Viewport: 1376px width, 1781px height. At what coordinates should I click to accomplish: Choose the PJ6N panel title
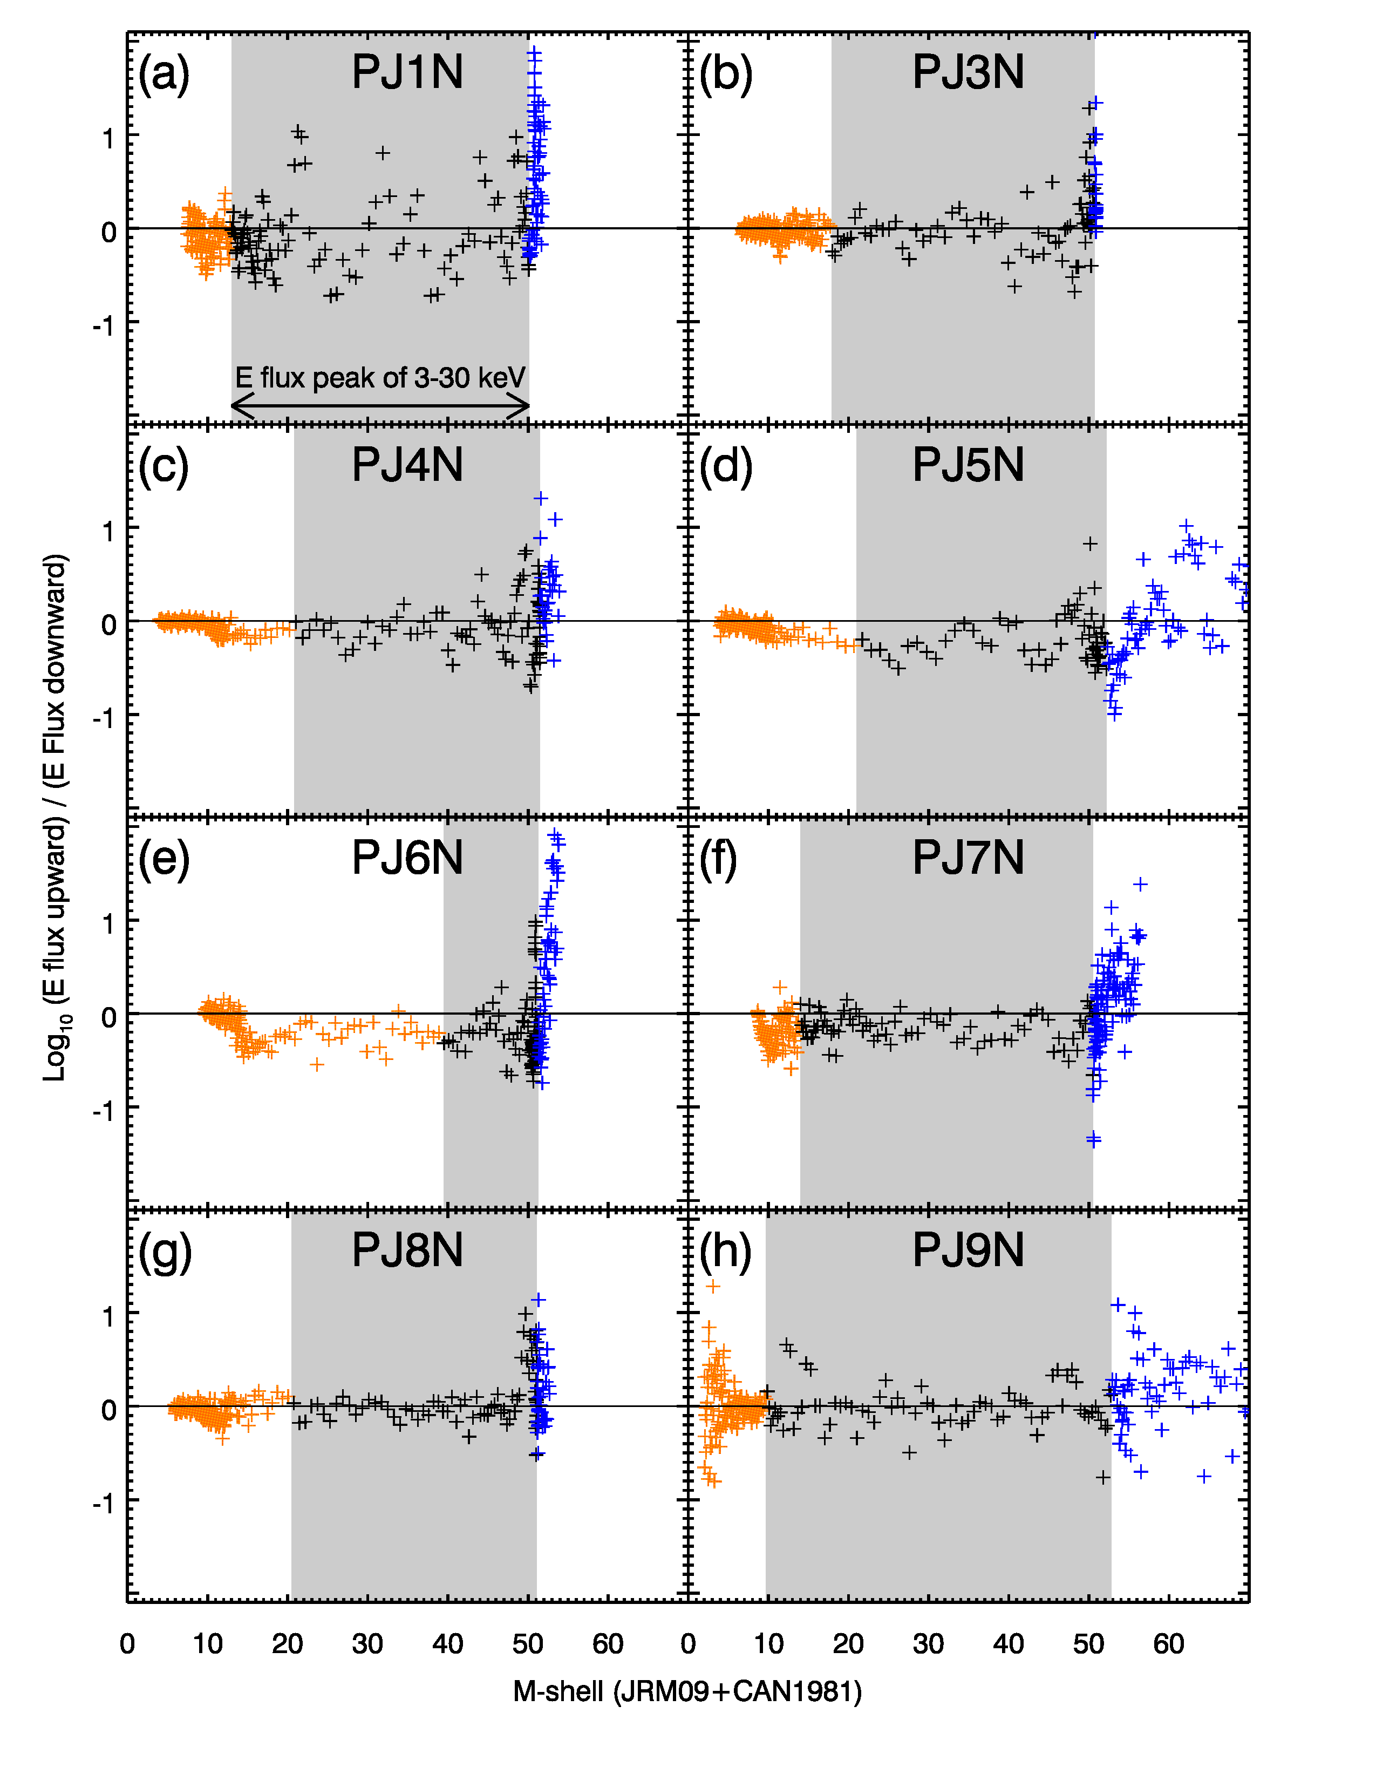(407, 858)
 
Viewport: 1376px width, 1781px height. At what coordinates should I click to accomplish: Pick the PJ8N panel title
(407, 1250)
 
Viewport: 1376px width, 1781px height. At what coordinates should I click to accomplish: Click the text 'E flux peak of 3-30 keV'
(380, 378)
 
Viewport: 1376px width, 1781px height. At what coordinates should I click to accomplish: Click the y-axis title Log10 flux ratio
(56, 818)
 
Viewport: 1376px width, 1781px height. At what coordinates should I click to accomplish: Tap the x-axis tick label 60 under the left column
(607, 1643)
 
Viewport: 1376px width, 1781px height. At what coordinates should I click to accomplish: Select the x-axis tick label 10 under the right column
(768, 1643)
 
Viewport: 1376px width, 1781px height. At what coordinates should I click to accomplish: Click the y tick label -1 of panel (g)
(104, 1503)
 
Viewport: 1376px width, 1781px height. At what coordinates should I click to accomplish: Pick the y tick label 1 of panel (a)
(108, 138)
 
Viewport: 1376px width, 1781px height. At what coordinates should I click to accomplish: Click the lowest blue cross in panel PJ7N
(1093, 1139)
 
